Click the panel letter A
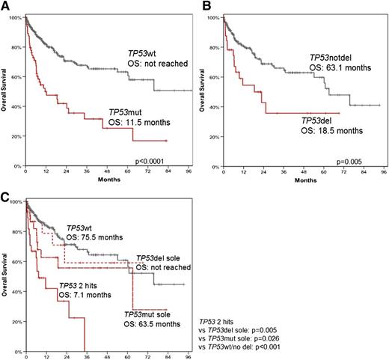(x=5, y=6)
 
